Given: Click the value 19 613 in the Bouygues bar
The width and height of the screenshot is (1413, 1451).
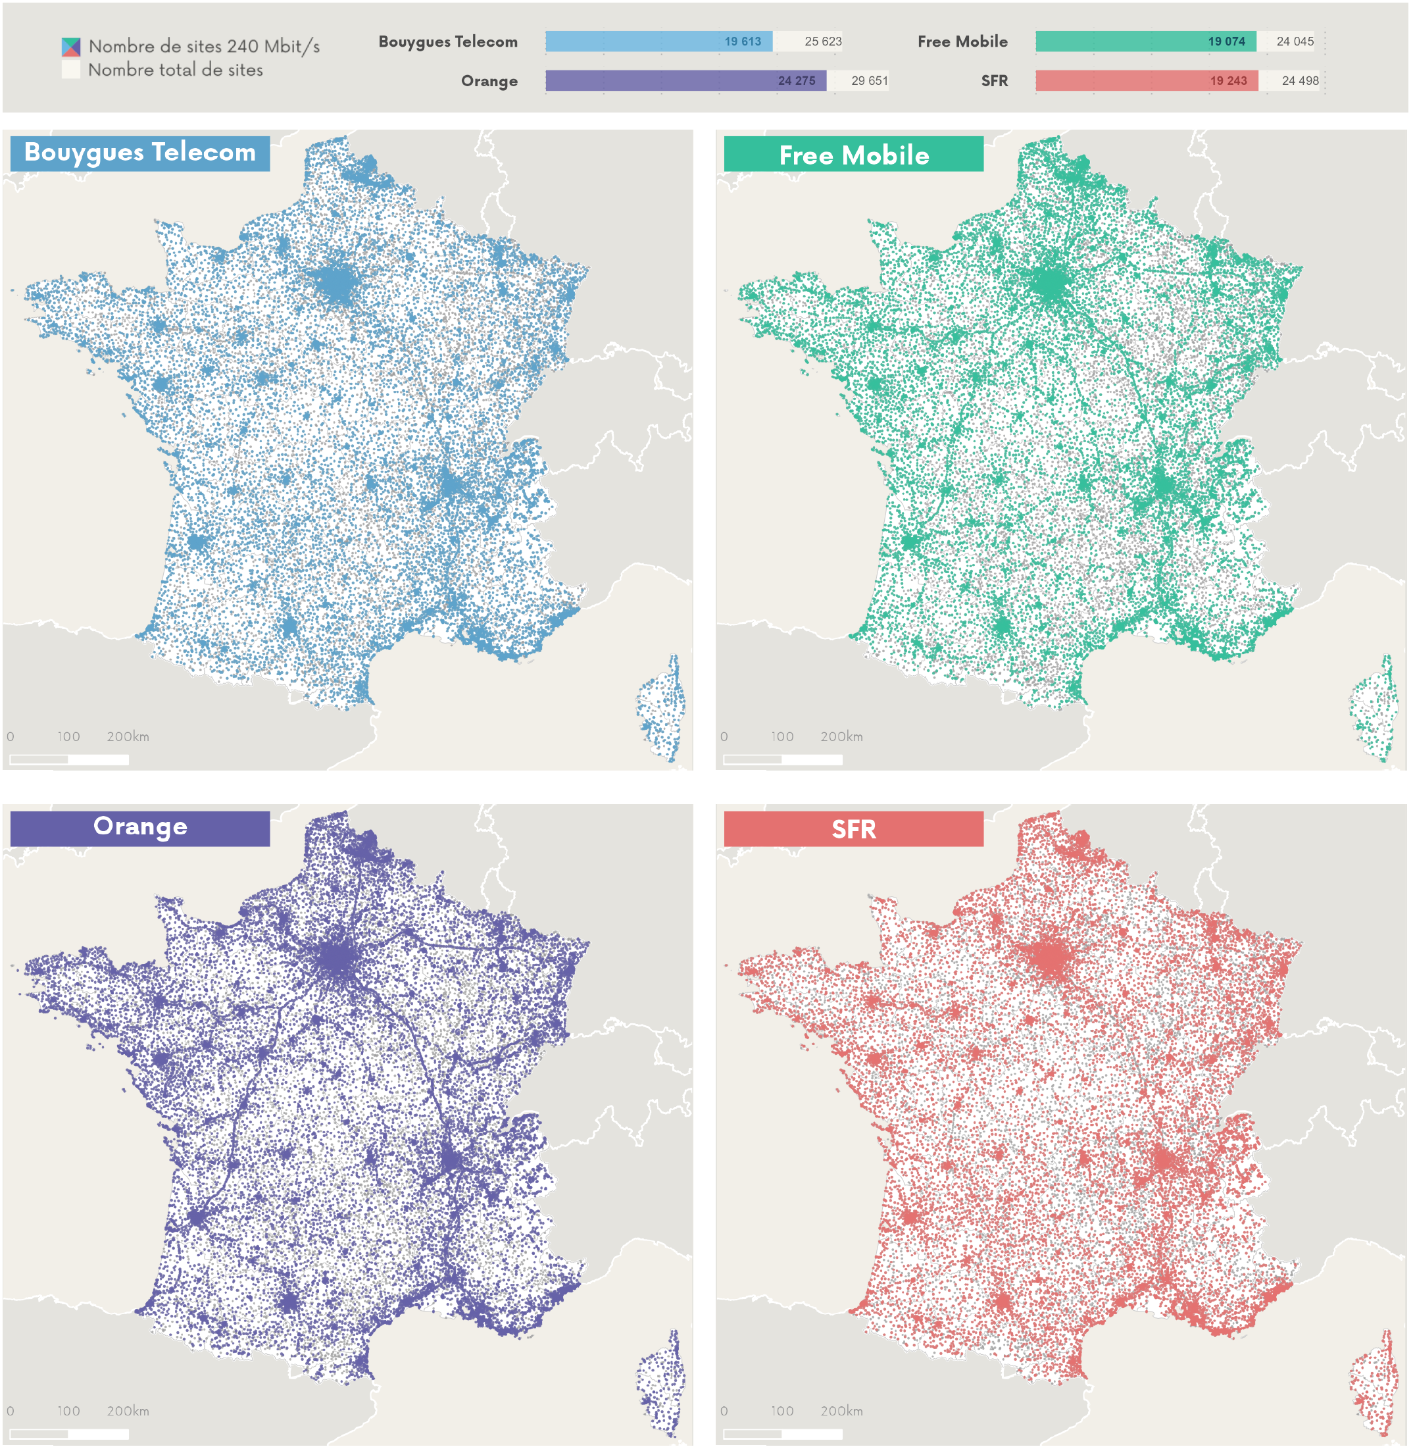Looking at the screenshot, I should (x=742, y=41).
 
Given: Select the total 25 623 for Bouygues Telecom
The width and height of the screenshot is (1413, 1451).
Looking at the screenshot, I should (x=822, y=41).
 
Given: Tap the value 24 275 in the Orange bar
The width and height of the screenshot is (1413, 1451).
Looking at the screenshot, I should (x=797, y=81).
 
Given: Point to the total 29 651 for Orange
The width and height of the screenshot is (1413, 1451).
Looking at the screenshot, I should (x=869, y=81).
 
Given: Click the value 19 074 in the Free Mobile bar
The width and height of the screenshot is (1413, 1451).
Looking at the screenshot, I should (x=1226, y=41).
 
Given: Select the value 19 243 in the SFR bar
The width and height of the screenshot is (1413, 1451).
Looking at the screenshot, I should (x=1228, y=81).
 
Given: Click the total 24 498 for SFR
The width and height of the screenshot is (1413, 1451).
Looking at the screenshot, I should (x=1301, y=81).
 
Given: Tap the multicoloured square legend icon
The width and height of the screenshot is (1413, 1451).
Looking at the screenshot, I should (x=70, y=47).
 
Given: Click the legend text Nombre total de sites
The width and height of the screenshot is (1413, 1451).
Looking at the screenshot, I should (x=175, y=70).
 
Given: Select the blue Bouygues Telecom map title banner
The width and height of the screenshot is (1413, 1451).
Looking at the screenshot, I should (x=139, y=153).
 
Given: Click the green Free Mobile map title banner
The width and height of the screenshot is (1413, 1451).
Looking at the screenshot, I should (x=853, y=155).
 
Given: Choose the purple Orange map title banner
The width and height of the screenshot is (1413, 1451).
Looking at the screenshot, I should (x=139, y=828).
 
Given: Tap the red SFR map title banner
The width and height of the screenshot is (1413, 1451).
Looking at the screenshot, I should (x=853, y=829).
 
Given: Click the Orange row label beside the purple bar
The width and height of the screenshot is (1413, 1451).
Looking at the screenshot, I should (x=489, y=81).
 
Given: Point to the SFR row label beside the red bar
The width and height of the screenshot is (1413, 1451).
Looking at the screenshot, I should (x=994, y=81).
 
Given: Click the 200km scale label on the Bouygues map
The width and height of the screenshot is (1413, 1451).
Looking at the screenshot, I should (x=128, y=737).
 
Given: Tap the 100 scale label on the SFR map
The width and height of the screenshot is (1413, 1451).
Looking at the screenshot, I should (x=781, y=1411).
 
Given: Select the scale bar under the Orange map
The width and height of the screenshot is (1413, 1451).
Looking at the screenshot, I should (x=69, y=1434).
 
